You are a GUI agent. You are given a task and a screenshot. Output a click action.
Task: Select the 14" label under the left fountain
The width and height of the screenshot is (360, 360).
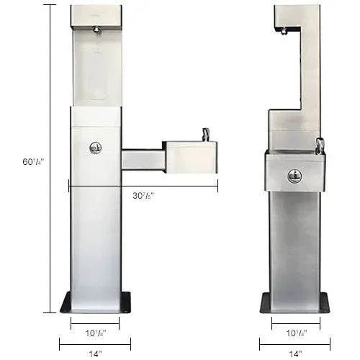(96, 354)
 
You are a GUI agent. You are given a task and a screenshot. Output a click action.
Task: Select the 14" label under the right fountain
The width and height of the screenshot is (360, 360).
(295, 354)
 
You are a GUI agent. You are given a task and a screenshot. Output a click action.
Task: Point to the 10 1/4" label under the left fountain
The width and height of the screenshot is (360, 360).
(96, 333)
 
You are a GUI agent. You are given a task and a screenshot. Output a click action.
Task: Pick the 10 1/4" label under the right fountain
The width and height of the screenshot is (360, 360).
(295, 333)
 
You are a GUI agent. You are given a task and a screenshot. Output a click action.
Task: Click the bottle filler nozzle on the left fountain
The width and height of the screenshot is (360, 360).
(96, 30)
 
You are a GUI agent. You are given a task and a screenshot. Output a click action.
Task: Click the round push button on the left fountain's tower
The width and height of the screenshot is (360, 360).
(95, 148)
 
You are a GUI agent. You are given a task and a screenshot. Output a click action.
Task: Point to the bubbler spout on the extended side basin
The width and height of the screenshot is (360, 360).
(206, 134)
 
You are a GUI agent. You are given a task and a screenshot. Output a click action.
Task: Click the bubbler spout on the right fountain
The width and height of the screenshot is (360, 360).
(320, 145)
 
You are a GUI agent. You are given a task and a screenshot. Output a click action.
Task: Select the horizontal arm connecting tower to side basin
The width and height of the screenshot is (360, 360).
(142, 159)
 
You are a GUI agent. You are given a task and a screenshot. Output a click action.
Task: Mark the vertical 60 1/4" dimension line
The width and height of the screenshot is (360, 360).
(49, 216)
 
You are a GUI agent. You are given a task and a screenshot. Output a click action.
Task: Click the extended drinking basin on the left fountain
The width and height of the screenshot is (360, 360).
(189, 157)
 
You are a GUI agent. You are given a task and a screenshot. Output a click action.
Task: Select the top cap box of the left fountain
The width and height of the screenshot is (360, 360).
(96, 15)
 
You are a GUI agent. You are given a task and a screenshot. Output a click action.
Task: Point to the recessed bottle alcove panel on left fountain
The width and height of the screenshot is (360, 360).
(96, 68)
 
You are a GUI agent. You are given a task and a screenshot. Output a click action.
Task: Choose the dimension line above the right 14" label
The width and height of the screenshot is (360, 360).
(294, 343)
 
